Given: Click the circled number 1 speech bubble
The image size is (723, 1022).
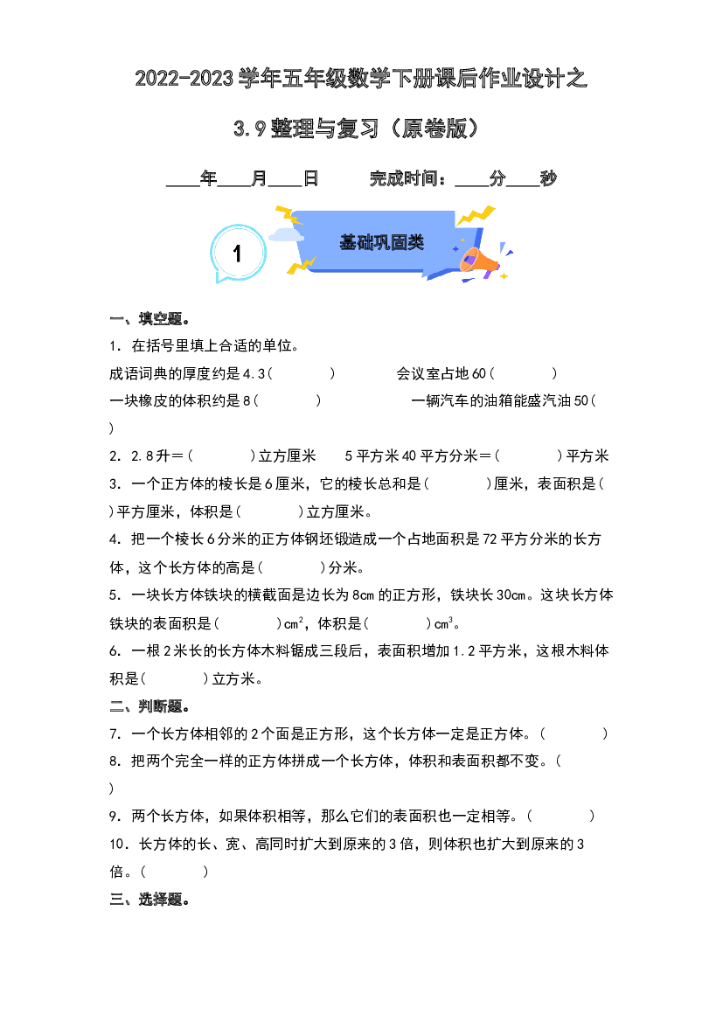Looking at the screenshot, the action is click(238, 253).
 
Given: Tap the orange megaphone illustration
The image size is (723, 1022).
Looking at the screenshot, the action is click(479, 260).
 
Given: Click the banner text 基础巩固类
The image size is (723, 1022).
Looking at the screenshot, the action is click(381, 242).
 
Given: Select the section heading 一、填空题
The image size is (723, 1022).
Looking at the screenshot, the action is click(150, 319).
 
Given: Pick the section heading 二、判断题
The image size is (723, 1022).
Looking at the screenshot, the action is click(150, 706).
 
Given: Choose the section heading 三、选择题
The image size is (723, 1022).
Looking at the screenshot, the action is click(150, 900).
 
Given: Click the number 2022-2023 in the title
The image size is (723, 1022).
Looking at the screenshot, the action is click(184, 78).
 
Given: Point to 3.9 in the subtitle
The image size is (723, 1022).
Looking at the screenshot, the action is click(249, 129).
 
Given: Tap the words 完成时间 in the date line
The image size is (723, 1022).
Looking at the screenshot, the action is click(403, 178).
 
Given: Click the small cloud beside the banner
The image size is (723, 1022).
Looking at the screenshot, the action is click(286, 234).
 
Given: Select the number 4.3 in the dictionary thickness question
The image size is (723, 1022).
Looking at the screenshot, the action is click(254, 373).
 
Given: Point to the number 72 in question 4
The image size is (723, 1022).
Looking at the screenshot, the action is click(490, 539).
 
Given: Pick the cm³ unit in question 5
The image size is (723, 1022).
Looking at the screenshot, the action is click(443, 623).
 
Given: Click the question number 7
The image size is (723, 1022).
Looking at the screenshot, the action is click(115, 733).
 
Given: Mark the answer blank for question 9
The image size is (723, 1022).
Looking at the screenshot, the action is click(560, 816).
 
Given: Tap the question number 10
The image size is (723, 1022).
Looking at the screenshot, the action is click(119, 844).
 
